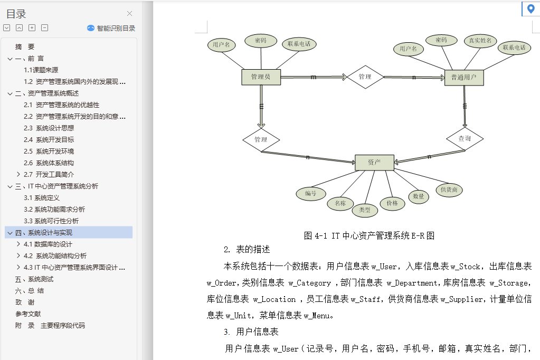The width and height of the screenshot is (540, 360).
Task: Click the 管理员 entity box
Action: coord(261,77)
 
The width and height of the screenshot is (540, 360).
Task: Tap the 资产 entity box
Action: coord(374,163)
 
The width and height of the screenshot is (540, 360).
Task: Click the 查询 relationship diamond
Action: coord(465,139)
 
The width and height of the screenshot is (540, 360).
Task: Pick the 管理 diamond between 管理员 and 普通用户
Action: coord(365,77)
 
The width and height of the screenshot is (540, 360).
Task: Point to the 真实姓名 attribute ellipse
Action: coord(480,41)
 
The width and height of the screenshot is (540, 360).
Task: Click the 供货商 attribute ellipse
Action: coord(449,190)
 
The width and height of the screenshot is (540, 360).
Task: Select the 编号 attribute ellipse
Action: coord(311,194)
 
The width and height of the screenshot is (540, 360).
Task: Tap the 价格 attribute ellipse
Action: coord(392,203)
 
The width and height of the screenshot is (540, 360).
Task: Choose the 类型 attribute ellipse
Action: coord(365,210)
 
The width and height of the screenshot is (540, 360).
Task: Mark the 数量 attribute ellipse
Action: coord(419,196)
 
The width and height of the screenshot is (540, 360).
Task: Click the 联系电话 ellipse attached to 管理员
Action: coord(299,44)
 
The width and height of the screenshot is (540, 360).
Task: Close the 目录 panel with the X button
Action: coord(130,14)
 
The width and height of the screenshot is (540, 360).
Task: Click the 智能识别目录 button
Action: coord(111,29)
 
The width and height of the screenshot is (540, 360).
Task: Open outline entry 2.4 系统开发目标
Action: coord(55,140)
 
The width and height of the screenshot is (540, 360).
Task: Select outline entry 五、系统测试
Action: coord(34,279)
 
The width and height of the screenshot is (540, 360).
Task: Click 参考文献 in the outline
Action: coord(28,314)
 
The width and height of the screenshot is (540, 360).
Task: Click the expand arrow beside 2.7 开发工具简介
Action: coord(18,174)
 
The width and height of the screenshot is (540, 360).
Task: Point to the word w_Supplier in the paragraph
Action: coord(461,299)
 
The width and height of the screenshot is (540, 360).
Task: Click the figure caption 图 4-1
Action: coord(369,236)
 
